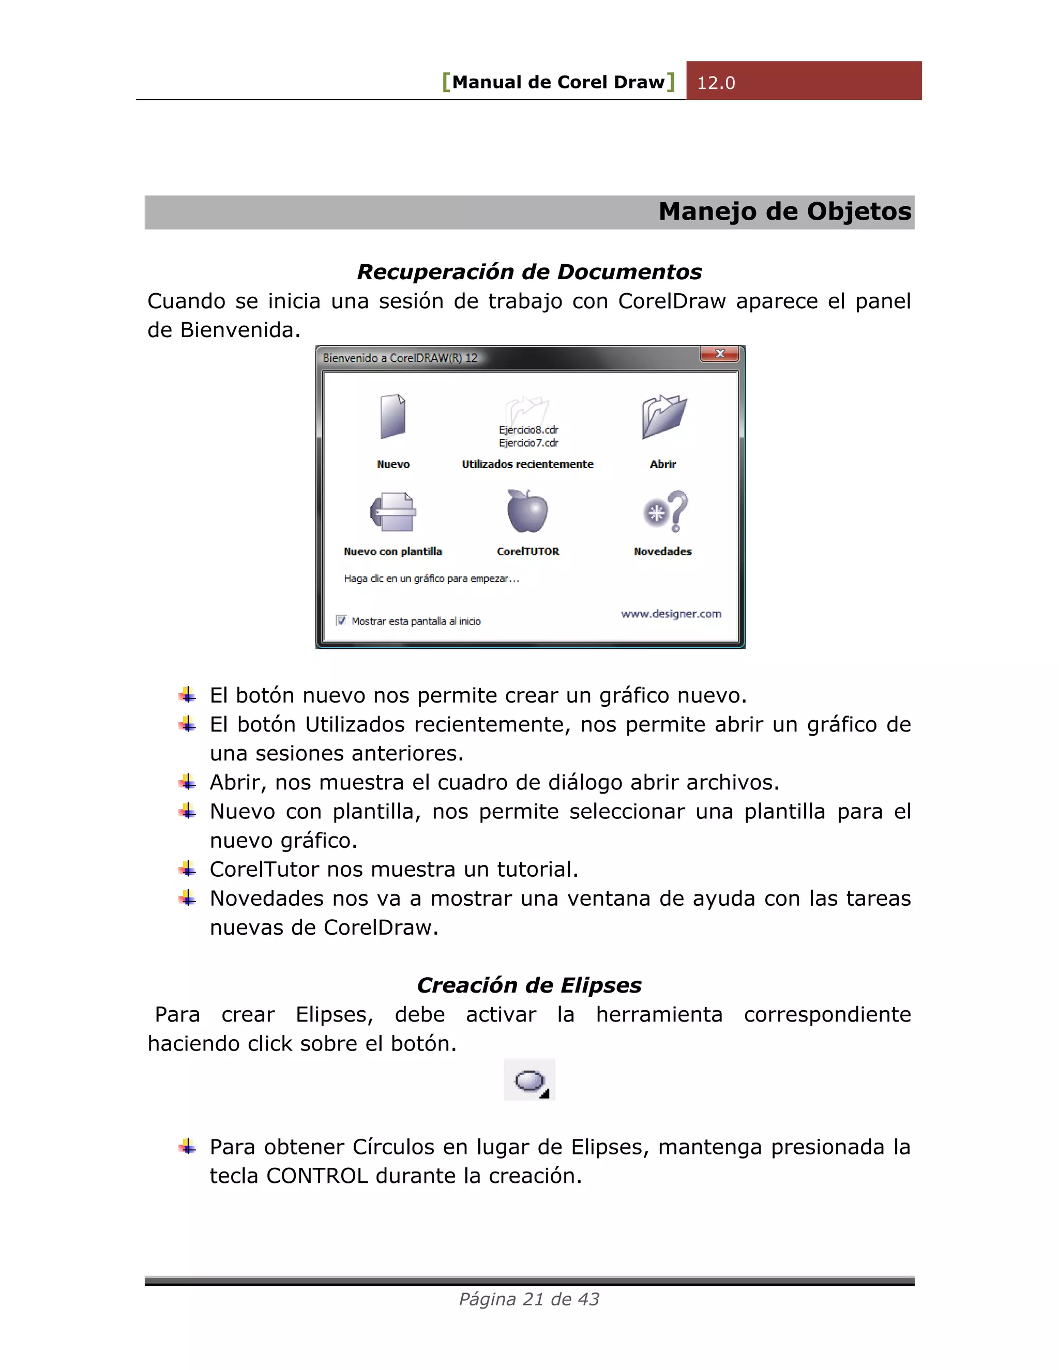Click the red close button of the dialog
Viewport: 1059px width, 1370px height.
[x=720, y=354]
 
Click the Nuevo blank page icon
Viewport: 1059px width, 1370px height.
[x=394, y=417]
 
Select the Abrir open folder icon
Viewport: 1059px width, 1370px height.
[x=664, y=417]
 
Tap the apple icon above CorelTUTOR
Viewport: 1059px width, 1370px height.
[x=527, y=511]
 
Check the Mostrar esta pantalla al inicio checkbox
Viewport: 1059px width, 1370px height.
[x=341, y=620]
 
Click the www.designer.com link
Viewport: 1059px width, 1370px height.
[x=671, y=614]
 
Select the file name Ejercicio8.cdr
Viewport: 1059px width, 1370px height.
[x=528, y=430]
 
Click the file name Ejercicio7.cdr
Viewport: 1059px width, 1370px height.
[x=528, y=443]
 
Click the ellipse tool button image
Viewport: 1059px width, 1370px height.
[x=529, y=1080]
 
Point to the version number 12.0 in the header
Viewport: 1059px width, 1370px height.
[x=716, y=83]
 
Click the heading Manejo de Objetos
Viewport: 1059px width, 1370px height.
[x=784, y=212]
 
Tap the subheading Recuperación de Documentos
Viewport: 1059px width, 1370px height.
[x=529, y=271]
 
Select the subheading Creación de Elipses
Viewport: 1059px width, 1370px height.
[x=529, y=985]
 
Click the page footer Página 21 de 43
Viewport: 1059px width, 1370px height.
[x=529, y=1299]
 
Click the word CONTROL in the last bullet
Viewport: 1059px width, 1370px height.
[x=317, y=1176]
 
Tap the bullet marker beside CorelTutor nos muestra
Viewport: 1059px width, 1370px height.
[x=187, y=869]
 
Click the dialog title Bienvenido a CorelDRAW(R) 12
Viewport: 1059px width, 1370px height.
[x=400, y=358]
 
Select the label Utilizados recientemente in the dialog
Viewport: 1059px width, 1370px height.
[x=527, y=464]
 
